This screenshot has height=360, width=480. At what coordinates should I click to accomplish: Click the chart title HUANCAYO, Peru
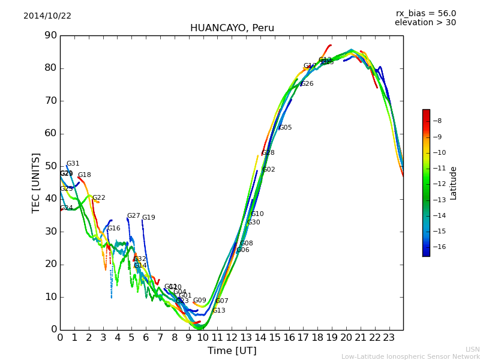232,28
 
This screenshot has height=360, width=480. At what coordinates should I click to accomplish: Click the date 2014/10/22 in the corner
47,16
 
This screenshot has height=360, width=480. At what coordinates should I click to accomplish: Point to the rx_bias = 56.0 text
426,13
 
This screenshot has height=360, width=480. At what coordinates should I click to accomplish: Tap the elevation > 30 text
425,23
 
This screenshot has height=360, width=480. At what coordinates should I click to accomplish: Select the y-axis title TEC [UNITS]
36,182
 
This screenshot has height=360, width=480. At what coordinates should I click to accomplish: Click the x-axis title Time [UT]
232,351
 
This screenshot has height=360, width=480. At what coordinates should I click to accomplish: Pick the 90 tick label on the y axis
50,35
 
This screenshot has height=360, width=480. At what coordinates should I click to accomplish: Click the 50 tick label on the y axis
50,166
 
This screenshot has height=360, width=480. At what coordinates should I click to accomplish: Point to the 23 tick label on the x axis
389,337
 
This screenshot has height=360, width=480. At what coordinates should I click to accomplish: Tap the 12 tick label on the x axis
232,337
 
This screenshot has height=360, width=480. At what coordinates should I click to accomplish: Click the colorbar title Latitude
454,183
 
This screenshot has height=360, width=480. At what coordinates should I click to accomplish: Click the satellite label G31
73,164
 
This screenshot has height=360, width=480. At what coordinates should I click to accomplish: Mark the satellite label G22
98,198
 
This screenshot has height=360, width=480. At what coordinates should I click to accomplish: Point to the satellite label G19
148,218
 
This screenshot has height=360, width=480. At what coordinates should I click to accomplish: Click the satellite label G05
285,128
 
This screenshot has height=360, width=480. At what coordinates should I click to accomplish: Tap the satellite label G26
307,84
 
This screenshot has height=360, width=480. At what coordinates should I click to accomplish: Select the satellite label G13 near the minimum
218,311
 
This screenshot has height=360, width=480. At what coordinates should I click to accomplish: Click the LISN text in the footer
472,349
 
